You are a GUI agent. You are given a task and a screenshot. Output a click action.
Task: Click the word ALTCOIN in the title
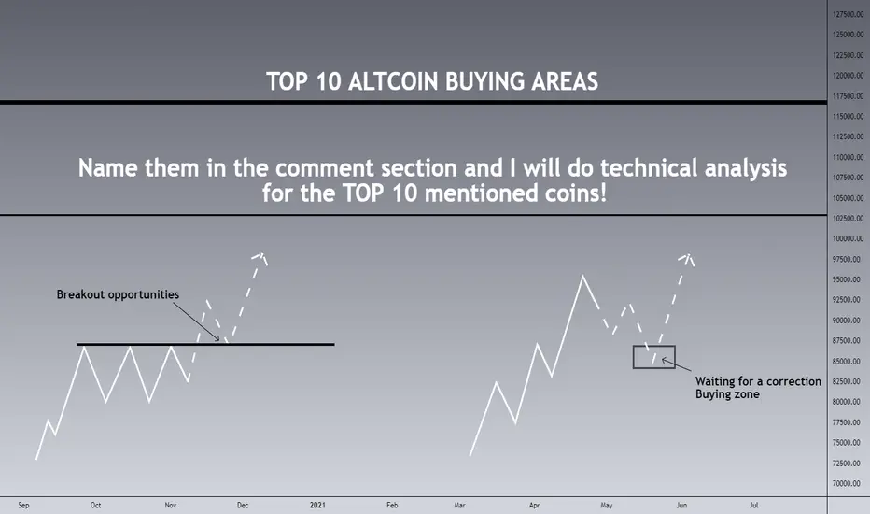tap(393, 81)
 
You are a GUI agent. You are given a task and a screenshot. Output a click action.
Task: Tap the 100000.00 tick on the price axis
tap(849, 238)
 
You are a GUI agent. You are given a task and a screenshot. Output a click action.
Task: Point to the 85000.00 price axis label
tap(849, 361)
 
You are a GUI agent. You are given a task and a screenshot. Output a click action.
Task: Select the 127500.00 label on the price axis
tap(849, 14)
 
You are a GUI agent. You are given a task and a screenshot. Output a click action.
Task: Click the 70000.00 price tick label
tap(849, 483)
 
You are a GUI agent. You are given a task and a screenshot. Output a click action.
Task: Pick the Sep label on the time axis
tap(23, 505)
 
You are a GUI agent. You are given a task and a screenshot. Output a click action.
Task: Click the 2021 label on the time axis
tap(317, 505)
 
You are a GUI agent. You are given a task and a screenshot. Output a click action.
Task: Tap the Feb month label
tap(392, 505)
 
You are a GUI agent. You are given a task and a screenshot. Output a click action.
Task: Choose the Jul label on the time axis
tap(753, 505)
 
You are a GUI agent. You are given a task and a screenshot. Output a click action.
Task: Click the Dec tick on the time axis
tap(243, 505)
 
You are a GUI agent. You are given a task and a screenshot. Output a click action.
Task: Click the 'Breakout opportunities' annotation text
tap(118, 294)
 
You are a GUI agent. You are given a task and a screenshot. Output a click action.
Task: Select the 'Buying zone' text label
tap(727, 394)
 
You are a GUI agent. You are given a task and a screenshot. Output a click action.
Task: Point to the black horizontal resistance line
tap(205, 345)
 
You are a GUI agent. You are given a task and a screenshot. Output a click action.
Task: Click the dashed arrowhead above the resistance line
tap(261, 257)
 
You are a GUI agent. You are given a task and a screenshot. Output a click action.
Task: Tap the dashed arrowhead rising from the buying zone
tap(688, 258)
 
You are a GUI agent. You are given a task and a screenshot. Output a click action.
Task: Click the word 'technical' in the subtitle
tap(649, 168)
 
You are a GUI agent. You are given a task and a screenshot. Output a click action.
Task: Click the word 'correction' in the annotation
tap(793, 381)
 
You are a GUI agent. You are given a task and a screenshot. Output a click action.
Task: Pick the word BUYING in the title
tap(484, 81)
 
